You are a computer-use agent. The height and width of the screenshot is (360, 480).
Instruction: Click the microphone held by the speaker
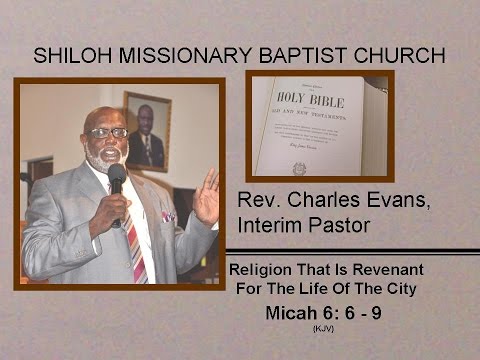tap(118, 180)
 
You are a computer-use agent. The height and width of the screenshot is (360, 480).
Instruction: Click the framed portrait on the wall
tap(146, 130)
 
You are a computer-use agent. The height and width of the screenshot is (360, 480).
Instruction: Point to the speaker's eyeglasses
tap(107, 132)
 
